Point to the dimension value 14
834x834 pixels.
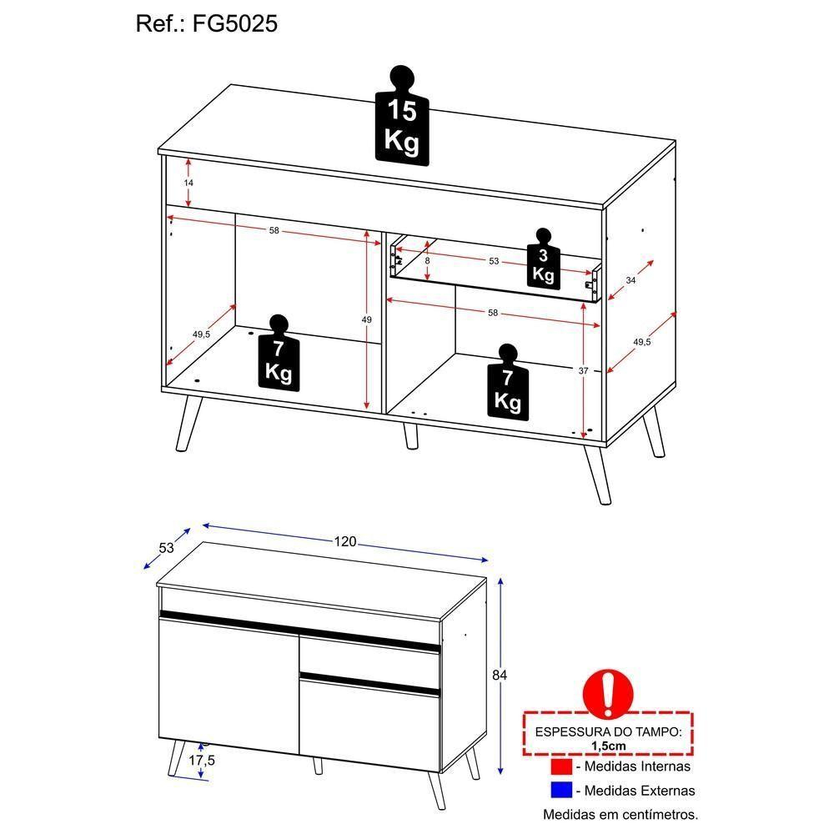pyautogui.click(x=188, y=182)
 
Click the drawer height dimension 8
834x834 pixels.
pyautogui.click(x=427, y=260)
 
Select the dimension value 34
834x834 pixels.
pyautogui.click(x=631, y=281)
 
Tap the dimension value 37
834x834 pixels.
pyautogui.click(x=584, y=369)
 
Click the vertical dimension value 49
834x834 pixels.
pyautogui.click(x=366, y=319)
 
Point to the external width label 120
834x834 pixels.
pyautogui.click(x=345, y=542)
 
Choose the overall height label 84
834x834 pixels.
pyautogui.click(x=500, y=674)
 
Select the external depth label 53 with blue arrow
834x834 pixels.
pyautogui.click(x=166, y=547)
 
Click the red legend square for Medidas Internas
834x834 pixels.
pyautogui.click(x=561, y=766)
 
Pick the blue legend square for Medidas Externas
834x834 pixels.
pyautogui.click(x=561, y=790)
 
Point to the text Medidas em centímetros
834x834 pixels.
pyautogui.click(x=620, y=814)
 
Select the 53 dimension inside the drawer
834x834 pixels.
pyautogui.click(x=494, y=261)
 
